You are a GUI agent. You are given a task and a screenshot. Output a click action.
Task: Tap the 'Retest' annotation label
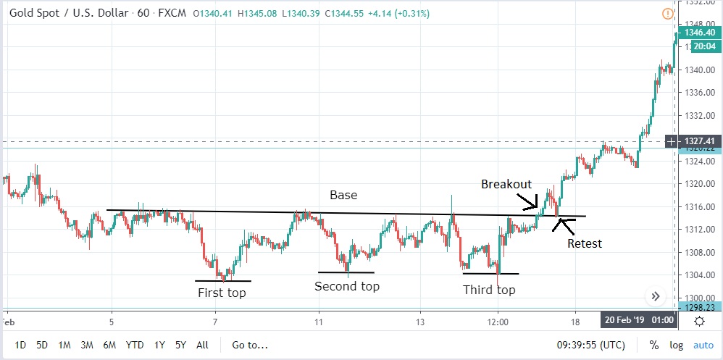pyautogui.click(x=585, y=243)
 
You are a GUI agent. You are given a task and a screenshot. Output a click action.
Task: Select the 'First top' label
pyautogui.click(x=222, y=293)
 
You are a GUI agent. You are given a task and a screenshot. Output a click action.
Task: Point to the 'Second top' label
pyautogui.click(x=347, y=286)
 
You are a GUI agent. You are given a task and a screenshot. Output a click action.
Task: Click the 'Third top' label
pyautogui.click(x=489, y=290)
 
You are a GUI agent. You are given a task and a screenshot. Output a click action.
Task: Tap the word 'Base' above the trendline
pyautogui.click(x=343, y=195)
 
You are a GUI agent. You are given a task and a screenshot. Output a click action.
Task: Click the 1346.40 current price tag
pyautogui.click(x=699, y=33)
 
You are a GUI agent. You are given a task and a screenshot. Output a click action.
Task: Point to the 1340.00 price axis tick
pyautogui.click(x=699, y=70)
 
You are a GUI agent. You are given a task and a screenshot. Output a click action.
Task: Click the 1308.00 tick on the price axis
pyautogui.click(x=699, y=252)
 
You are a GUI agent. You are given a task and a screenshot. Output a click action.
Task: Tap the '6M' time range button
pyautogui.click(x=110, y=345)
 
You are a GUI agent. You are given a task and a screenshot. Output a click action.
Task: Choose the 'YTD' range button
pyautogui.click(x=134, y=345)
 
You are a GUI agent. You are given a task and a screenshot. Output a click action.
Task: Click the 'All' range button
pyautogui.click(x=203, y=345)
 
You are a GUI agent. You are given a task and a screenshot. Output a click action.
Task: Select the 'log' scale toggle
pyautogui.click(x=676, y=345)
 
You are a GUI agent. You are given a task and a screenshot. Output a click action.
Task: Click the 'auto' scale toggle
pyautogui.click(x=703, y=345)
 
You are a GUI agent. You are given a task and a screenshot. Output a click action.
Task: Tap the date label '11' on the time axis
pyautogui.click(x=319, y=321)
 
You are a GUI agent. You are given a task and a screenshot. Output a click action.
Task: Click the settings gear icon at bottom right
pyautogui.click(x=700, y=321)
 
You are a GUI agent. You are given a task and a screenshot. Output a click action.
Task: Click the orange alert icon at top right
pyautogui.click(x=667, y=14)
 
